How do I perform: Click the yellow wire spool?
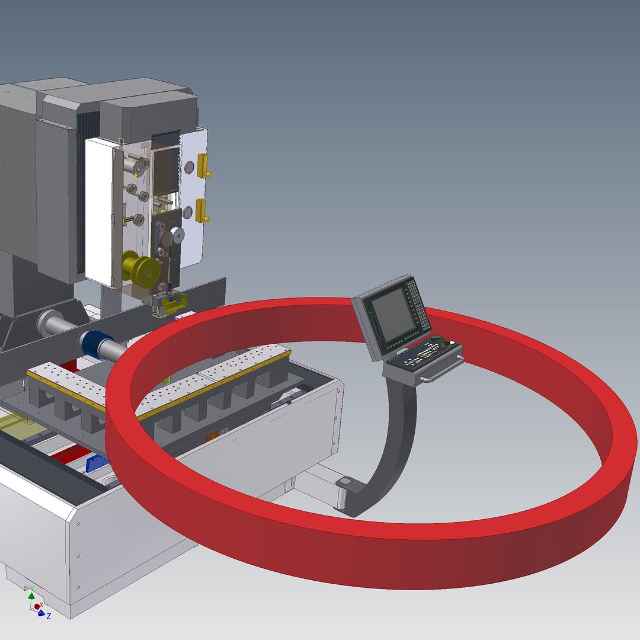[x=140, y=268]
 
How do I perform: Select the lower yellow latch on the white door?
[x=203, y=210]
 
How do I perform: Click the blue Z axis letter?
[x=49, y=616]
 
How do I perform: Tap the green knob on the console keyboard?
[x=437, y=339]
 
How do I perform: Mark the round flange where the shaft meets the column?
[x=49, y=324]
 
